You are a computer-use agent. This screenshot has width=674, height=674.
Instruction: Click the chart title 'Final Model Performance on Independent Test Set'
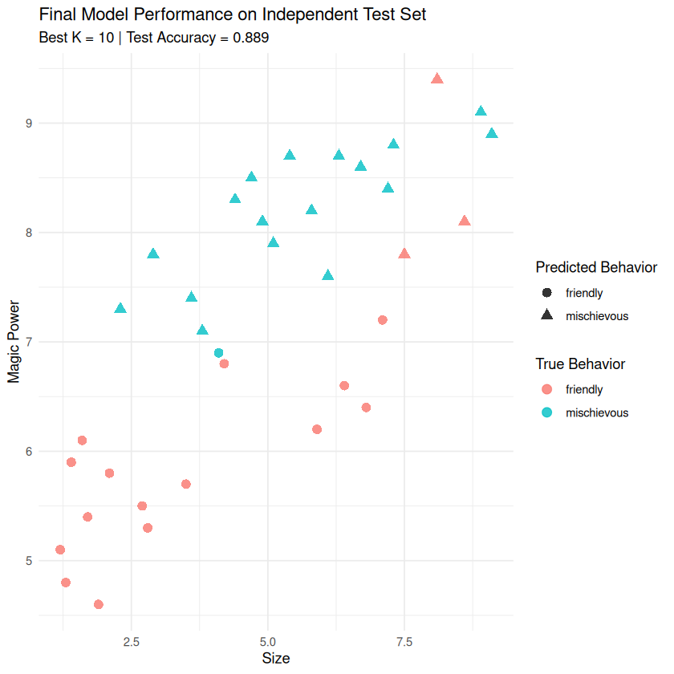coord(233,14)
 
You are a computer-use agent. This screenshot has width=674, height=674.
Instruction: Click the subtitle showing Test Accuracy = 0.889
coord(153,37)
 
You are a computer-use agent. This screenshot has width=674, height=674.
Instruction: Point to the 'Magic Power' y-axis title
coord(14,342)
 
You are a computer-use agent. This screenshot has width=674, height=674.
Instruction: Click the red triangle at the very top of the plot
coord(437,79)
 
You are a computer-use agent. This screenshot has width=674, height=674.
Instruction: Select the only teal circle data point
coord(218,353)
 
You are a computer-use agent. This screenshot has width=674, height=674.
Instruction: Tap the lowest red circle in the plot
coord(99,604)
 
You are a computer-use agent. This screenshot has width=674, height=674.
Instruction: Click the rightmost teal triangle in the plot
coord(492,133)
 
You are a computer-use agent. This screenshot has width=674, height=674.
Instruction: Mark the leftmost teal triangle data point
coord(120,309)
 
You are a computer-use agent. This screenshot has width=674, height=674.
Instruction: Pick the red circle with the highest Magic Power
coord(383,320)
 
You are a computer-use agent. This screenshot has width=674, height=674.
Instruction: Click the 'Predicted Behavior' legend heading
coord(596,267)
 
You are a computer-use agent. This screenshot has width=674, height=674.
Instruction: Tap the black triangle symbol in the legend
coord(547,316)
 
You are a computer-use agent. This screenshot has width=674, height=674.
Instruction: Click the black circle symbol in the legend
coord(547,293)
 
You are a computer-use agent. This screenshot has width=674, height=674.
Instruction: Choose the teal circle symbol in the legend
coord(547,412)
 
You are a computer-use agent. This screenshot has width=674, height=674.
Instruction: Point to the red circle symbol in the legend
coord(547,389)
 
